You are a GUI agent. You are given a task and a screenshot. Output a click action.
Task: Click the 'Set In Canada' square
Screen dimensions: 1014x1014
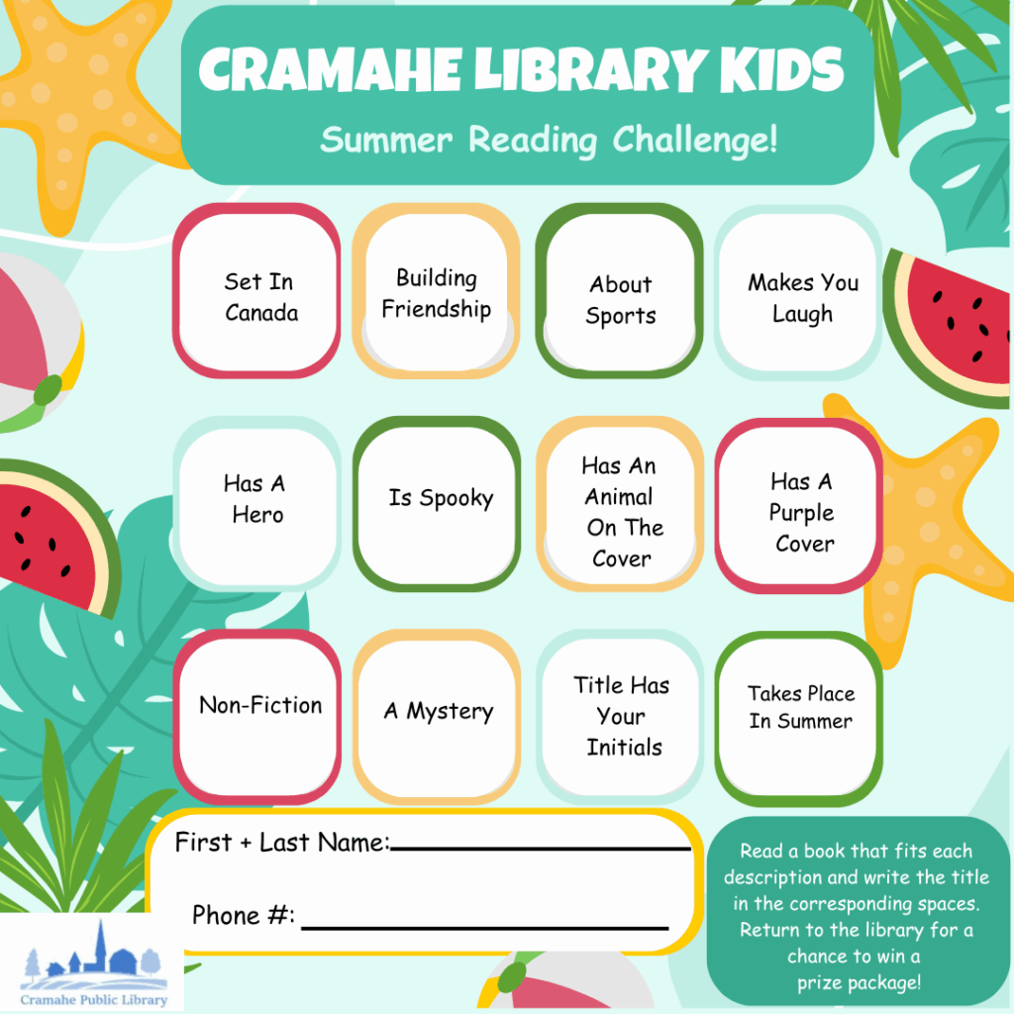[x=256, y=291]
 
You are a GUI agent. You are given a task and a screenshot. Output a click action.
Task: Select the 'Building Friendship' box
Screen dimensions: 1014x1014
[x=437, y=291]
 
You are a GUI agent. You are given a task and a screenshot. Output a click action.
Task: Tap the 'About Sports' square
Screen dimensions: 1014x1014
[x=620, y=291]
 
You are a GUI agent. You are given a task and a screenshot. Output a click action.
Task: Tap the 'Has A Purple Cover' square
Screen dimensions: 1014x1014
[x=799, y=506]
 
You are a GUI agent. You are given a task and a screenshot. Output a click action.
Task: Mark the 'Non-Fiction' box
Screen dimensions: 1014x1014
[x=256, y=717]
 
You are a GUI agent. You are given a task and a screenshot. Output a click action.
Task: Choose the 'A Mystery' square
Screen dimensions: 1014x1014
[x=437, y=717]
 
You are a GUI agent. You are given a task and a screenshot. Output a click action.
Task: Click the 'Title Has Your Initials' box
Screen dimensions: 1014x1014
[x=620, y=717]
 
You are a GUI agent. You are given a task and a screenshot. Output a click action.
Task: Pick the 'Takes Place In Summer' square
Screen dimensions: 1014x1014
[x=799, y=719]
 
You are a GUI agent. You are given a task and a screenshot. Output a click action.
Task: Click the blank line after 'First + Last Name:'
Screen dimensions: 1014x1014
[x=542, y=848]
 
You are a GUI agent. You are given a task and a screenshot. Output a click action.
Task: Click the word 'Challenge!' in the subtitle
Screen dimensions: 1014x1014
[x=694, y=140]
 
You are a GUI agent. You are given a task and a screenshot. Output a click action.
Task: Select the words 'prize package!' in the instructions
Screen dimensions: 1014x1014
[x=859, y=983]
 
